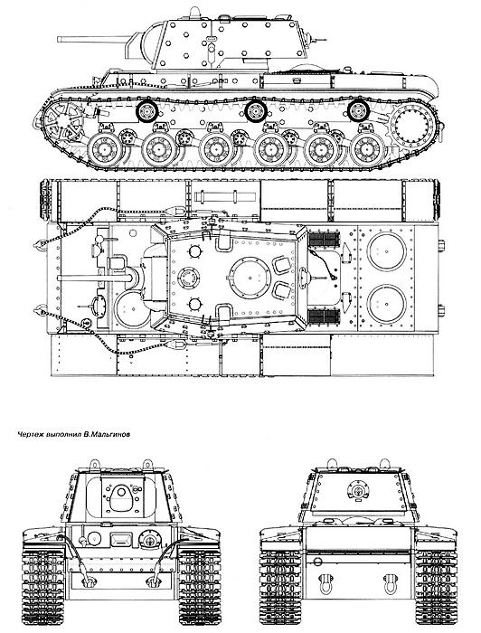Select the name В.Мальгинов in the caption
click(107, 435)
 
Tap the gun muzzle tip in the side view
click(59, 39)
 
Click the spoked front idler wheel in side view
click(62, 119)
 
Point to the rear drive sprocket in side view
click(412, 125)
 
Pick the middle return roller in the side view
click(256, 111)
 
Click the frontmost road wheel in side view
click(105, 149)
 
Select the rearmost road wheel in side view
click(367, 149)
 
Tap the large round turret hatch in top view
click(250, 278)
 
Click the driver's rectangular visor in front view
click(121, 539)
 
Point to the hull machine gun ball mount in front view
click(150, 539)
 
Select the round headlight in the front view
click(94, 539)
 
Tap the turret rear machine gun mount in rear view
click(357, 490)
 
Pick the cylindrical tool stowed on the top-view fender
click(225, 197)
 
